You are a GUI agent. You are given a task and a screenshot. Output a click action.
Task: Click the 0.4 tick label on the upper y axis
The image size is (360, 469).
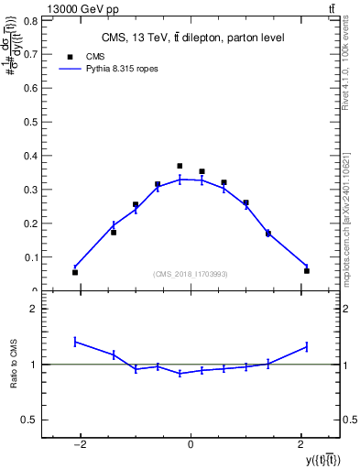click(x=31, y=156)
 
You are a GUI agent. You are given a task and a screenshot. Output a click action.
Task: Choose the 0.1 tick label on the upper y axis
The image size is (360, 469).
click(x=31, y=257)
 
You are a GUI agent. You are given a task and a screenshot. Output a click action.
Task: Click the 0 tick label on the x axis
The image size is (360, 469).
click(x=191, y=444)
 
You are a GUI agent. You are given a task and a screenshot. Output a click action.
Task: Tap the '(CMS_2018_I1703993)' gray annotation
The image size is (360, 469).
click(x=191, y=274)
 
